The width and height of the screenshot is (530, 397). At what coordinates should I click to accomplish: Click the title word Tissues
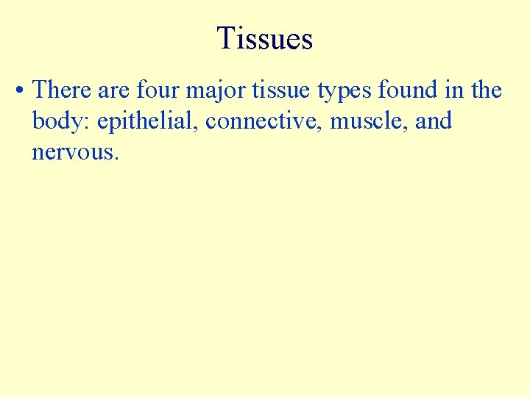click(265, 38)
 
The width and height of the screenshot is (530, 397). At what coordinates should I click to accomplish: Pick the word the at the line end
click(487, 90)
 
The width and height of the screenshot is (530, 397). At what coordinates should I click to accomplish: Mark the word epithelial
click(144, 122)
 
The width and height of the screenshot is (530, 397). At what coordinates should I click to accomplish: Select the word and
click(434, 121)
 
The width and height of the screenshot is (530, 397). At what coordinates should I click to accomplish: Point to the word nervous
click(72, 153)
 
